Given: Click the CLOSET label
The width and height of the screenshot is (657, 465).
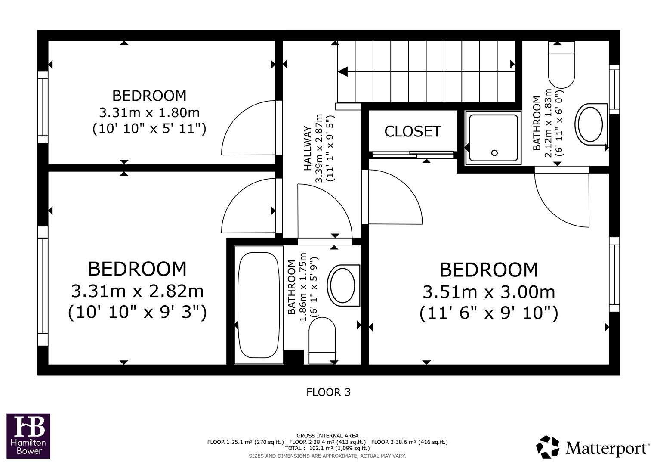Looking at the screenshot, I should coord(413,131).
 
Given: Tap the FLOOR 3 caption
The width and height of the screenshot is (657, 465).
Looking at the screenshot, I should coord(328,392).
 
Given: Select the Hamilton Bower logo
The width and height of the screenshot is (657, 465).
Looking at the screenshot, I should coord(28,436).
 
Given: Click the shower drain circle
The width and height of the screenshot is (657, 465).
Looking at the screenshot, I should coord(494,152).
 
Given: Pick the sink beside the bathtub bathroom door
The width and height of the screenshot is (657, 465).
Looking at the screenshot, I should coord(343,285).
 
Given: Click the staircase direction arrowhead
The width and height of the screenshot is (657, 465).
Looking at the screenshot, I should coord(343,72).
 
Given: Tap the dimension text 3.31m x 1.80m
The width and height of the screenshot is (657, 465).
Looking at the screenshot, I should coord(149,113).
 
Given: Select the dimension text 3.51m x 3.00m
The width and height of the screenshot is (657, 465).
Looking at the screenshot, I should coord(489,292).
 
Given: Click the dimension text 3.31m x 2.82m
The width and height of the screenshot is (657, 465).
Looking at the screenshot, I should coord(137,291).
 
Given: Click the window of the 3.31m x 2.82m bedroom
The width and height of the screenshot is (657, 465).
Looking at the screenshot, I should coord(43,286).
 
